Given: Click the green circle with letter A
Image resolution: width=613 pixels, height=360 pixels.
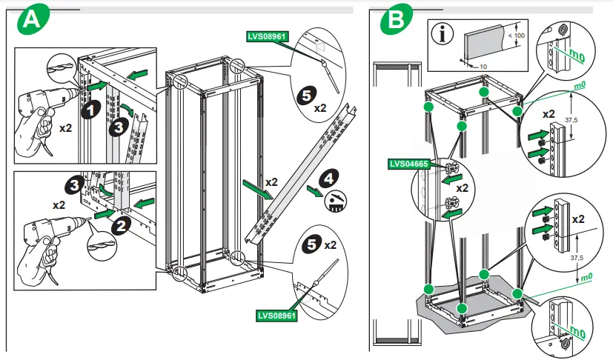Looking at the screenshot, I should (x=30, y=21).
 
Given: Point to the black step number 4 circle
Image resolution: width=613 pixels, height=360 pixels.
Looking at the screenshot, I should (x=330, y=178).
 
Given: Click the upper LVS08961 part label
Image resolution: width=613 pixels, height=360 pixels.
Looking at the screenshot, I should (x=266, y=34).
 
